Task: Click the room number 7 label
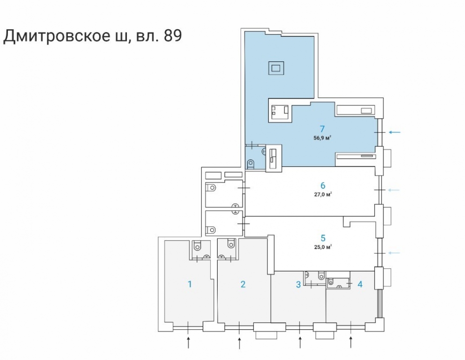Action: point(322,129)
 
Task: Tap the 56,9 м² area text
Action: point(322,137)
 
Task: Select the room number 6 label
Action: point(322,186)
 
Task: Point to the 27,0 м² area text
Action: point(322,195)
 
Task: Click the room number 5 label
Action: point(322,238)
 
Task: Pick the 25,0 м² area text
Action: point(322,247)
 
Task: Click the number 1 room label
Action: point(190,284)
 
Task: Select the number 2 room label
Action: point(243,284)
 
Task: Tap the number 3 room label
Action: point(299,284)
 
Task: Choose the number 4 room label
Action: point(360,284)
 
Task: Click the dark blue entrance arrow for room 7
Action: point(394,132)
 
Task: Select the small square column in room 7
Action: point(276,68)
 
